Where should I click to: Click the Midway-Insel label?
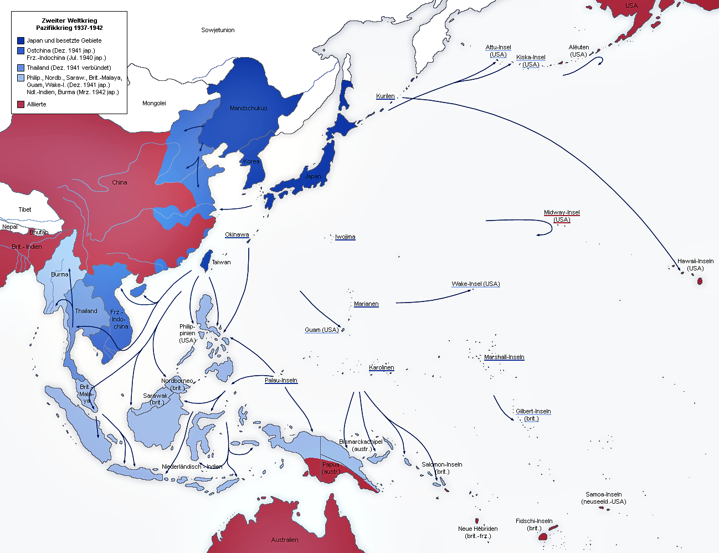(x=562, y=213)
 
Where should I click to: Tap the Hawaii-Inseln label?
(x=695, y=261)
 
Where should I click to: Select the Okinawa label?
(x=237, y=234)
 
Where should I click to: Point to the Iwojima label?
(x=345, y=237)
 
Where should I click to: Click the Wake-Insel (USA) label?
(x=475, y=284)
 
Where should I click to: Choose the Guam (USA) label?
(x=321, y=330)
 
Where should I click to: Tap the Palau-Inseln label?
(x=281, y=380)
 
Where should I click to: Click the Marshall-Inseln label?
(x=504, y=357)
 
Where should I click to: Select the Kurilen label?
(x=385, y=96)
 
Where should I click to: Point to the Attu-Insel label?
(x=498, y=48)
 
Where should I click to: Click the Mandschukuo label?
(x=248, y=108)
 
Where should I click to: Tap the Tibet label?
(x=25, y=209)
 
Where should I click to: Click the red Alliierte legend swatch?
(x=20, y=104)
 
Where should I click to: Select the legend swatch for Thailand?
(x=20, y=68)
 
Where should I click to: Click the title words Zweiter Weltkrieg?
(x=69, y=21)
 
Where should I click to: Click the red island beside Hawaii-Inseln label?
(x=700, y=281)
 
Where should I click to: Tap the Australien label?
(x=285, y=540)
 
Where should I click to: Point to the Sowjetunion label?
(x=218, y=30)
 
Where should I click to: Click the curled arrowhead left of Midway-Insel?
(x=538, y=235)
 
